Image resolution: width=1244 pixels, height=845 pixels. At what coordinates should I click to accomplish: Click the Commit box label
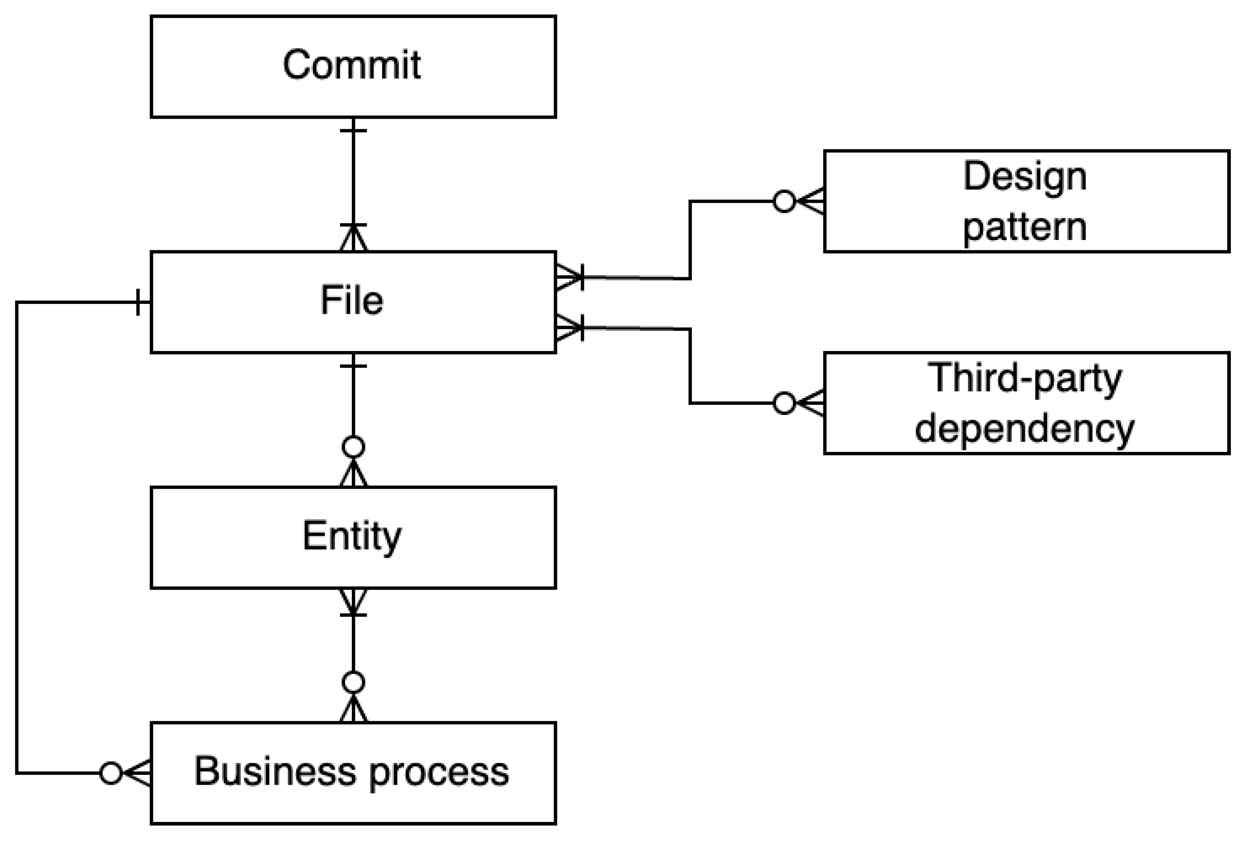352,65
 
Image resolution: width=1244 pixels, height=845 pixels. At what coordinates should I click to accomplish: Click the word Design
1025,177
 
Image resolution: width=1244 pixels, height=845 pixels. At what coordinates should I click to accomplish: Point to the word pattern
1025,228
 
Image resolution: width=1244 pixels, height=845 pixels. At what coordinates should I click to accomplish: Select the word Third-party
1025,378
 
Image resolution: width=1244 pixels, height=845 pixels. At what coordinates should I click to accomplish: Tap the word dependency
1025,429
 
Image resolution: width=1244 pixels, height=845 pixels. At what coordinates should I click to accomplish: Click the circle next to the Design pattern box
784,201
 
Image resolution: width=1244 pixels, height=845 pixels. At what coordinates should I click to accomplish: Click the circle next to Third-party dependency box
784,403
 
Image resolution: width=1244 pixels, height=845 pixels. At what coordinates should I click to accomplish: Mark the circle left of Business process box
111,773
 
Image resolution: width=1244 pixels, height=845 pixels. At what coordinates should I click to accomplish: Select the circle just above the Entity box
353,447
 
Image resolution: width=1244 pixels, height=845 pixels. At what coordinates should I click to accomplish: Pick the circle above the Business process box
353,682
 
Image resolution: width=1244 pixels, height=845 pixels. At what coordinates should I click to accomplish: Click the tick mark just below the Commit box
353,130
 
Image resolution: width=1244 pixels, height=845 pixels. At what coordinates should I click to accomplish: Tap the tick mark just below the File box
353,366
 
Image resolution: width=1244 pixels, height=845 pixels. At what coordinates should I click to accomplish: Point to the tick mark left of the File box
138,302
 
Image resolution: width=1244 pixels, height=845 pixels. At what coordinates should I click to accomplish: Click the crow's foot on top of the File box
353,238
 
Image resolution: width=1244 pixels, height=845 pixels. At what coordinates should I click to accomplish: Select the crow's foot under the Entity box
353,602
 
